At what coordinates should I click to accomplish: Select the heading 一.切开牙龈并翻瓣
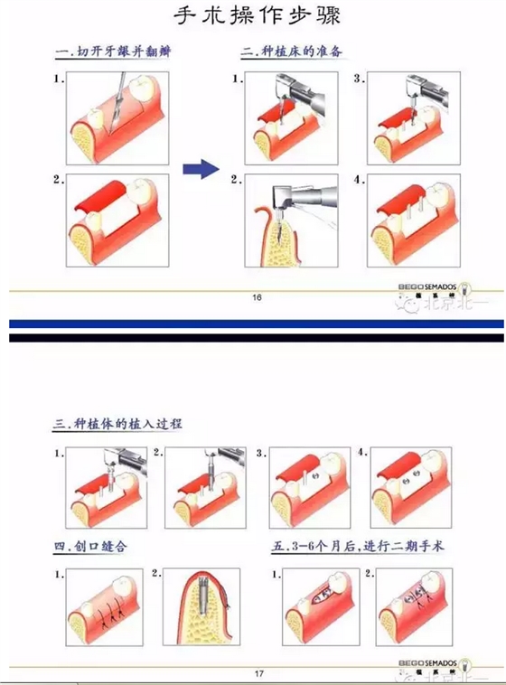point(115,53)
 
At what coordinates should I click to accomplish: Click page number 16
point(258,297)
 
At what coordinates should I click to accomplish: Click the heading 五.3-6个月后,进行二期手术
point(357,547)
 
